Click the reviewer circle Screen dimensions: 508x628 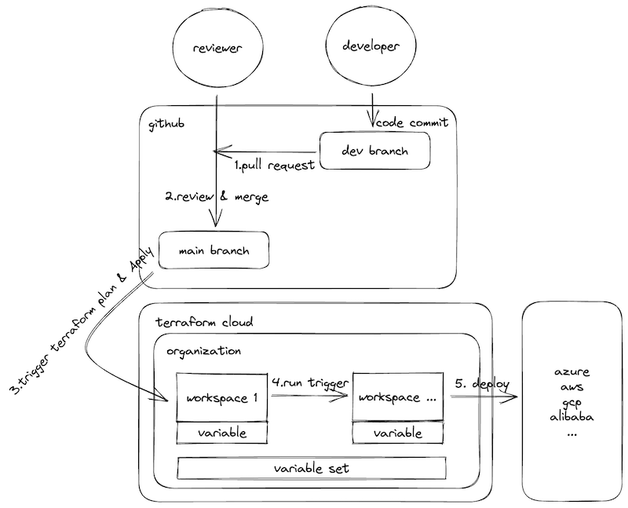click(215, 49)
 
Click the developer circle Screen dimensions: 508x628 click(371, 46)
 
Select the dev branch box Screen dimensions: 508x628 click(374, 151)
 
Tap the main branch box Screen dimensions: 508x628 click(214, 251)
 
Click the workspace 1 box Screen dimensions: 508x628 click(223, 397)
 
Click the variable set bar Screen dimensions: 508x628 click(312, 468)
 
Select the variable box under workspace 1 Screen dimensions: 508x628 click(223, 433)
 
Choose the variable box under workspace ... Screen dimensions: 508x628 click(396, 433)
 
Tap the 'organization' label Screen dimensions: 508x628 click(203, 351)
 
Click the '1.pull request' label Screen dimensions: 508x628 click(275, 166)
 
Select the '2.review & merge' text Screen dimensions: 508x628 click(217, 197)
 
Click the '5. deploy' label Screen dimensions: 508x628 click(482, 384)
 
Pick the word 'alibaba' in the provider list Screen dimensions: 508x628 click(571, 416)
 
